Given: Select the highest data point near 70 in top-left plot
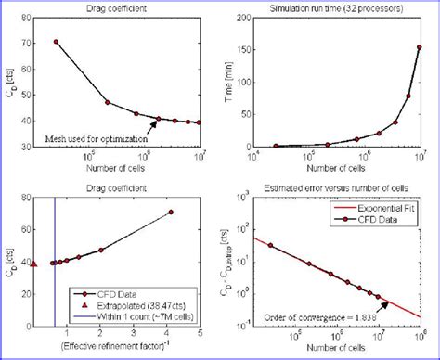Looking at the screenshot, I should coord(57,42).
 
